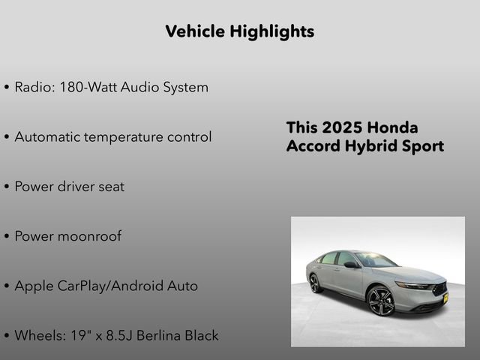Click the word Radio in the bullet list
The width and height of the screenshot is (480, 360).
(x=31, y=87)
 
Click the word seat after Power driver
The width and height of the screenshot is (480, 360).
(x=111, y=187)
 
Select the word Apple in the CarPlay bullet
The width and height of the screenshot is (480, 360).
(x=33, y=286)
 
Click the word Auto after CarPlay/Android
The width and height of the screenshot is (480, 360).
(x=182, y=286)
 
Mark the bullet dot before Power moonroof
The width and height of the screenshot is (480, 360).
(x=7, y=237)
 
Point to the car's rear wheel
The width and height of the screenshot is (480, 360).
(x=316, y=283)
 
